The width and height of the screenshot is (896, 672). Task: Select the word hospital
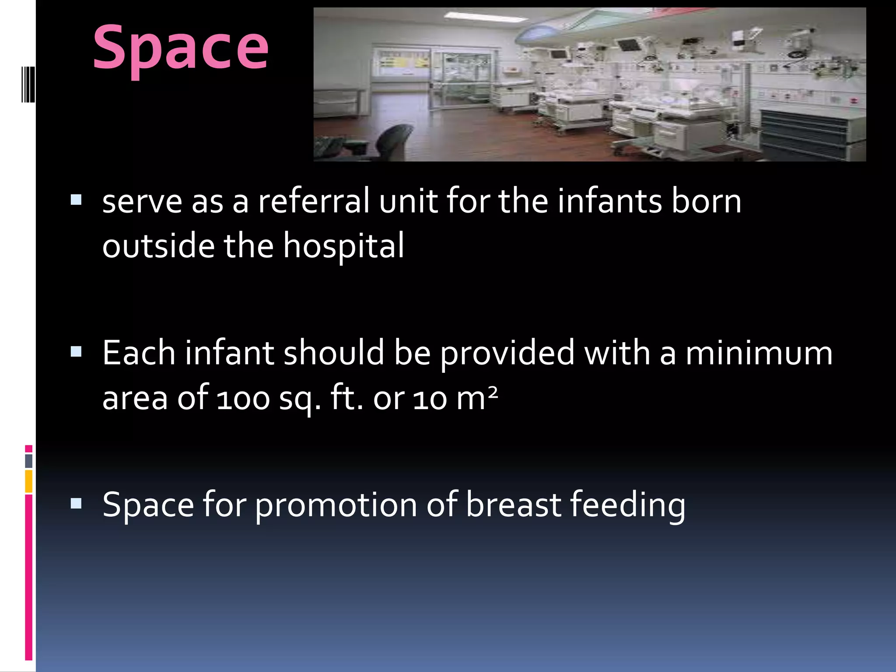pos(343,246)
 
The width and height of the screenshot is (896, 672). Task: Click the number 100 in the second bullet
pos(243,399)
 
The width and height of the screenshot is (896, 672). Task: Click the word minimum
pos(759,353)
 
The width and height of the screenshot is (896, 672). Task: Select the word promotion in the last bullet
pos(336,505)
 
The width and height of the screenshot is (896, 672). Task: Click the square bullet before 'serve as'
pos(76,200)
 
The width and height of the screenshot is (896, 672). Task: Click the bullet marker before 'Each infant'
pos(76,352)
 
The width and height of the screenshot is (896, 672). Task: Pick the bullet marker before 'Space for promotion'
pos(76,504)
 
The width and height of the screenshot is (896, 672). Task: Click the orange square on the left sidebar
pos(29,481)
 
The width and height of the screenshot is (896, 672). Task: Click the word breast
pos(513,505)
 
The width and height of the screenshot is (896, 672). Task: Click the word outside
pos(158,246)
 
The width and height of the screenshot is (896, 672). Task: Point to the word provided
pos(507,353)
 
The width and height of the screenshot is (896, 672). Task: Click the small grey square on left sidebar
pos(29,461)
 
